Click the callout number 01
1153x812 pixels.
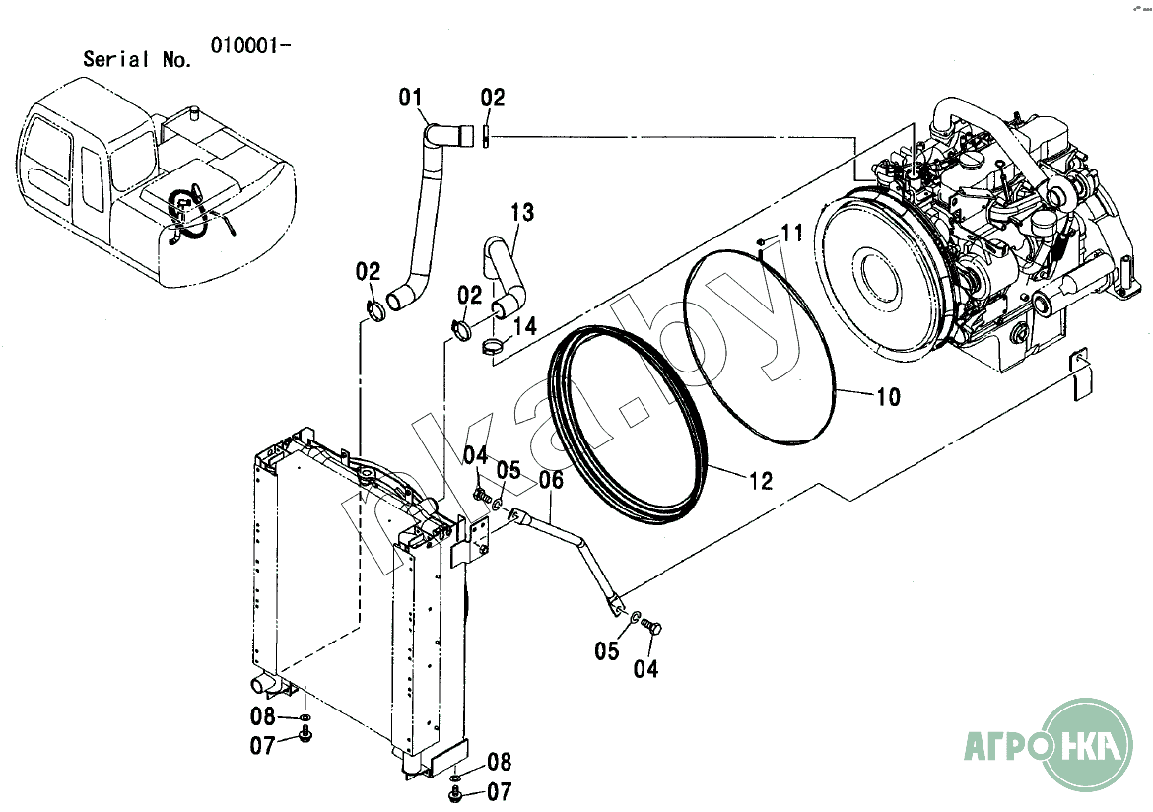click(x=410, y=98)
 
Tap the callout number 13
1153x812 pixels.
click(x=522, y=213)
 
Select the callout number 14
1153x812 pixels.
click(x=525, y=326)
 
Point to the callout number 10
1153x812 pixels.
click(x=888, y=397)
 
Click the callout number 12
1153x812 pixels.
click(x=761, y=481)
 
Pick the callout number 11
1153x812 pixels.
click(x=791, y=234)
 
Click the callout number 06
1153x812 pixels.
click(x=551, y=480)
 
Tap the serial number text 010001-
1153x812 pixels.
click(x=250, y=45)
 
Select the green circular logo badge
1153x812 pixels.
click(x=1088, y=744)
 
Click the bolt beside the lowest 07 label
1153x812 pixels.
click(x=454, y=793)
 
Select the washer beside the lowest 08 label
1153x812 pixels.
click(x=455, y=777)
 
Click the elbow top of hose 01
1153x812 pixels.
click(x=443, y=134)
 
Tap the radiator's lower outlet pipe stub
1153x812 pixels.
click(x=262, y=686)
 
